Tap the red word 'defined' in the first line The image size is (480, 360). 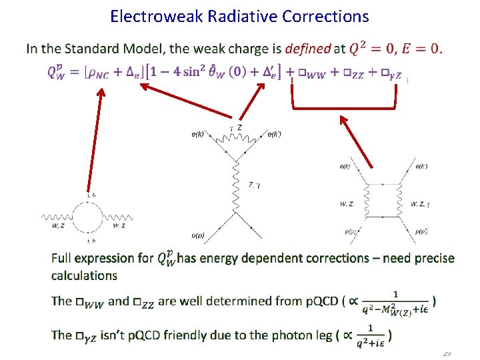(307, 49)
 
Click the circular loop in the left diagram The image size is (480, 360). (91, 217)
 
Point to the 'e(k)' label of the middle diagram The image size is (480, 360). (199, 135)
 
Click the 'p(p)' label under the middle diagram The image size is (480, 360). (198, 235)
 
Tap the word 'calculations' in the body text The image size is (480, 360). (84, 275)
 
